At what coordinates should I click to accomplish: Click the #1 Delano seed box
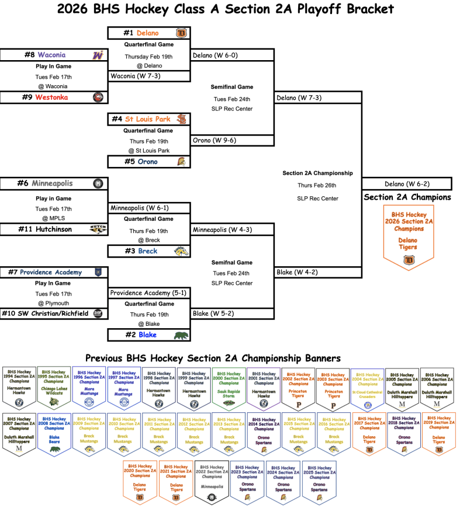coord(148,33)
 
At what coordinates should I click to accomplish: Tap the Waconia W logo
coord(98,55)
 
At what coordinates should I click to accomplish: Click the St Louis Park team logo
coord(181,119)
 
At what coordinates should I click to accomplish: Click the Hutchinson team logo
coord(98,229)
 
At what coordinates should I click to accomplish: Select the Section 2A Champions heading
coord(407,197)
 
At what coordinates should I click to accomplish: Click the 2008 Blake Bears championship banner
coord(54,434)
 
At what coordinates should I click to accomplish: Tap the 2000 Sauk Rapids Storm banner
coord(229,388)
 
